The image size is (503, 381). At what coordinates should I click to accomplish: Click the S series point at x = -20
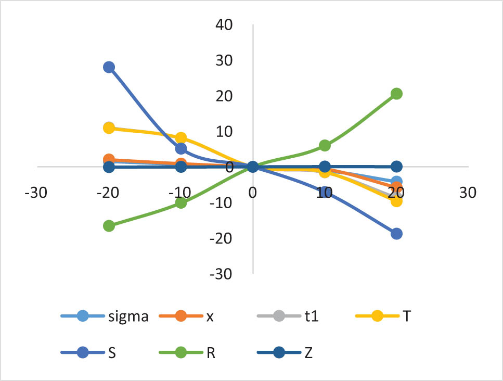109,67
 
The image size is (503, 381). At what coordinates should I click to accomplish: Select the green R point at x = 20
396,94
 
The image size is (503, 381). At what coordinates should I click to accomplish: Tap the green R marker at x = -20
109,226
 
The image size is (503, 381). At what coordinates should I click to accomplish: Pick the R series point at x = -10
181,202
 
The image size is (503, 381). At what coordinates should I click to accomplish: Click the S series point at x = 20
396,234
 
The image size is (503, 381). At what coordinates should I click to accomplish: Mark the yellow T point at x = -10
181,138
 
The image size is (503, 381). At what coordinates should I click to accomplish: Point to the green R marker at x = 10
325,145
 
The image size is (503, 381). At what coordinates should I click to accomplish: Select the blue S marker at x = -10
181,149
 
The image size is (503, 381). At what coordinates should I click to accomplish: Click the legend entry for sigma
104,316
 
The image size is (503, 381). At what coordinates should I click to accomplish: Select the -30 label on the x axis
34,193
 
